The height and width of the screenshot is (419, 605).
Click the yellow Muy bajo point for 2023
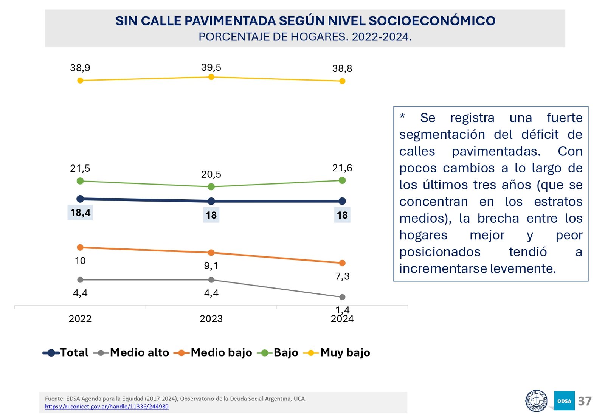(211, 77)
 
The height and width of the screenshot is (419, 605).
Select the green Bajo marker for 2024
(342, 180)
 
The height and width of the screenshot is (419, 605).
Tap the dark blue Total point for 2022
(80, 199)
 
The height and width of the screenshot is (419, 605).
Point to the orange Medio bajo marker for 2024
(342, 263)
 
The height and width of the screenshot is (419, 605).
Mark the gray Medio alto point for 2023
(211, 280)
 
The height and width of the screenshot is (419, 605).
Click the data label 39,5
(211, 68)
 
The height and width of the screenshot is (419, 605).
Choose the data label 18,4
(80, 213)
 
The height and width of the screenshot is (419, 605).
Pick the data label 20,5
(211, 174)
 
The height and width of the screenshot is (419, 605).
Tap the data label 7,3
(342, 276)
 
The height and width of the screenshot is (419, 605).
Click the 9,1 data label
(211, 266)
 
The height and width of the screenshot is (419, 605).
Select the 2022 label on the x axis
(80, 319)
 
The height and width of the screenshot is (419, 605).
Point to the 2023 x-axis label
(211, 319)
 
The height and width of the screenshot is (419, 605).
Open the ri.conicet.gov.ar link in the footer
(107, 407)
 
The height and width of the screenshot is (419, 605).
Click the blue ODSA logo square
(564, 401)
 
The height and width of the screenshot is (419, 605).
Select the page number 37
(585, 401)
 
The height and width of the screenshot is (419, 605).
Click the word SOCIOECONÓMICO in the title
(432, 21)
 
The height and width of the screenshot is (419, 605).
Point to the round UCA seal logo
(536, 401)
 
